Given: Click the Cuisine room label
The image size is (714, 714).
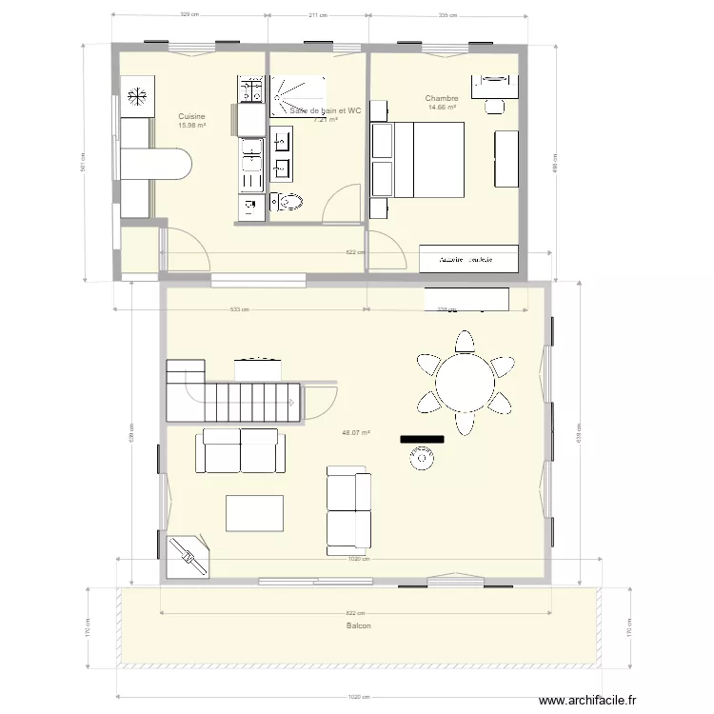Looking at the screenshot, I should (191, 116).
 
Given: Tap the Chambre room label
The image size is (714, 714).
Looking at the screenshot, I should (442, 98).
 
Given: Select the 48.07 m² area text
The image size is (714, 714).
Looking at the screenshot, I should (355, 432).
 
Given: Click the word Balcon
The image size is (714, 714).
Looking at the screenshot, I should (358, 625).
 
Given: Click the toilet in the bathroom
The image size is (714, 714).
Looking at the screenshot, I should (288, 201).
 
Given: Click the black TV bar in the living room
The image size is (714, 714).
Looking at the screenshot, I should (423, 439).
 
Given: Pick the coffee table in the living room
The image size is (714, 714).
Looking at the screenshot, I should (254, 513).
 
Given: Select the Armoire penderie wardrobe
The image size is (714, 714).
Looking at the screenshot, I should (469, 258).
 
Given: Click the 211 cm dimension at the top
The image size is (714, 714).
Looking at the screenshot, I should (318, 15).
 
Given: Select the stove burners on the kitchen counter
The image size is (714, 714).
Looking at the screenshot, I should (251, 91).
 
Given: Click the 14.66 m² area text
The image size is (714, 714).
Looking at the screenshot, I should (442, 108).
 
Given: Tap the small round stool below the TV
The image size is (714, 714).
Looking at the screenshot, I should (420, 460).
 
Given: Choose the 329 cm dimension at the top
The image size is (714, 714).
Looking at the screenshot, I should (189, 15).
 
